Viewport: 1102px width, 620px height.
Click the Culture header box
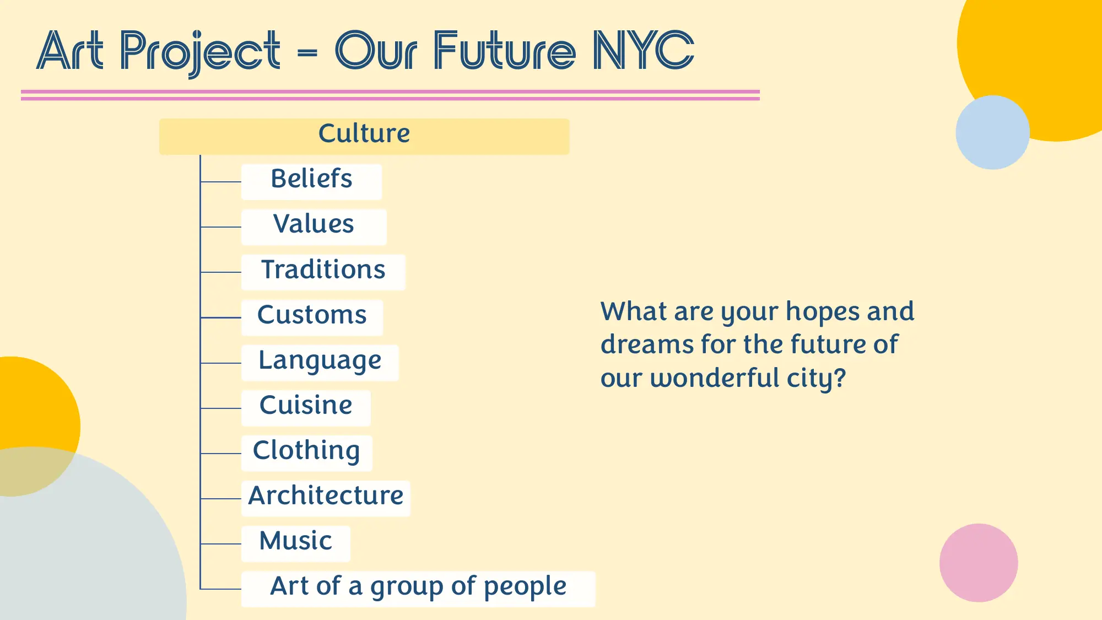[x=364, y=136]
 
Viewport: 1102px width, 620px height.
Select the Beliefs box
[x=311, y=181]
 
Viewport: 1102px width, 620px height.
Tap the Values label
[x=314, y=225]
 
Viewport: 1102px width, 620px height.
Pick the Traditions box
[x=323, y=272]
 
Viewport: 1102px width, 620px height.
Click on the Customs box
[x=312, y=317]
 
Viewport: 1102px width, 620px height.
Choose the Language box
[x=320, y=362]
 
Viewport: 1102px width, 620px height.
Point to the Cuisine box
[x=306, y=407]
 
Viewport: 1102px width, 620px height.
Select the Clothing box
[x=306, y=452]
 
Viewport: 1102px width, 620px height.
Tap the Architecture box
[x=326, y=498]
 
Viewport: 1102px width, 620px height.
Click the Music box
[x=296, y=543]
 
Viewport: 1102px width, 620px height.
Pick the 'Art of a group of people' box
[x=418, y=588]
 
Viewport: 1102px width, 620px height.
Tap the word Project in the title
[x=200, y=52]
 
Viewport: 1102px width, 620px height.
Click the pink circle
[x=978, y=562]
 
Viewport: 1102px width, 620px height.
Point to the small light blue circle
[x=992, y=132]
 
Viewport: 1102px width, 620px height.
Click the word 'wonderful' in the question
[x=715, y=378]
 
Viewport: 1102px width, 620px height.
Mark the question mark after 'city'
[x=839, y=378]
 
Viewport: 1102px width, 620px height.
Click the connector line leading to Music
[x=221, y=544]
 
